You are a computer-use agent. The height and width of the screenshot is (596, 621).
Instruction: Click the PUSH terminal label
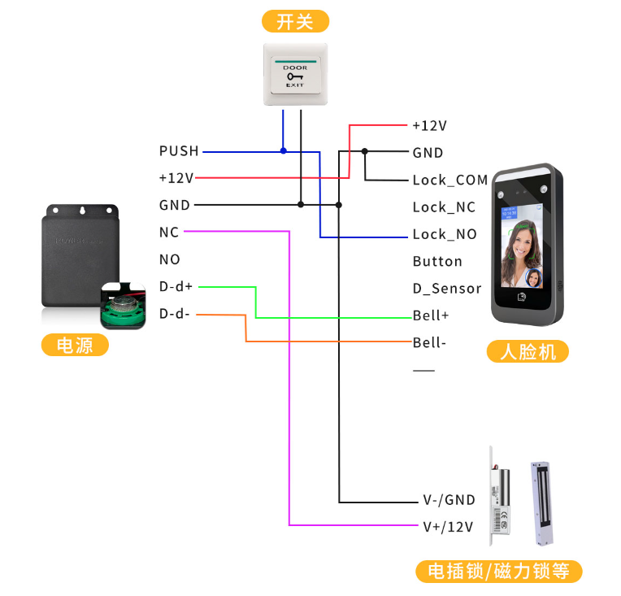[x=179, y=151]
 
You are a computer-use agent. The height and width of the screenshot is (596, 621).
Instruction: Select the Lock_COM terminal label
[x=449, y=180]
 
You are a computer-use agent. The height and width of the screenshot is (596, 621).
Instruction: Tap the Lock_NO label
[x=444, y=234]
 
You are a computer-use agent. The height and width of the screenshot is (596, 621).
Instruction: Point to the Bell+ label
[x=431, y=315]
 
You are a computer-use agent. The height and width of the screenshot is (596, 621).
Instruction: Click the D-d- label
[x=175, y=313]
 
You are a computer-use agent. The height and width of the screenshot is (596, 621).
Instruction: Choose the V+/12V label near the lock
[x=448, y=527]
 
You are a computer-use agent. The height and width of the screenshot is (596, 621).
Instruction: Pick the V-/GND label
[x=449, y=500]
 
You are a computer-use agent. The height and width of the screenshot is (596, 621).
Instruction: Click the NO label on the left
[x=170, y=259]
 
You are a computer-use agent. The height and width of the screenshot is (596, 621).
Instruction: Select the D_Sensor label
[x=447, y=289]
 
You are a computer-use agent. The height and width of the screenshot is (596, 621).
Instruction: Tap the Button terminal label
[x=437, y=262]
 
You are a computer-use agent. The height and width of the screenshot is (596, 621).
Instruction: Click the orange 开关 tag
[x=295, y=21]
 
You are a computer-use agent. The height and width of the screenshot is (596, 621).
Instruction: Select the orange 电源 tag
[x=75, y=345]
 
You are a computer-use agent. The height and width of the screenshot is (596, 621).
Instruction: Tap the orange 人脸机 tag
[x=528, y=352]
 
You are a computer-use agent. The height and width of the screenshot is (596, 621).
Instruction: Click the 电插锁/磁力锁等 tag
[x=500, y=572]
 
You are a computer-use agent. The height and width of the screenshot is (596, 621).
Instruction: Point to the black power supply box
[x=77, y=257]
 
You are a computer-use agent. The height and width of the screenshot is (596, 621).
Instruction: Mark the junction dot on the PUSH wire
[x=283, y=150]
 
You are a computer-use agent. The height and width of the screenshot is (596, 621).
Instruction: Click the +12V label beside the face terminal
[x=429, y=126]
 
